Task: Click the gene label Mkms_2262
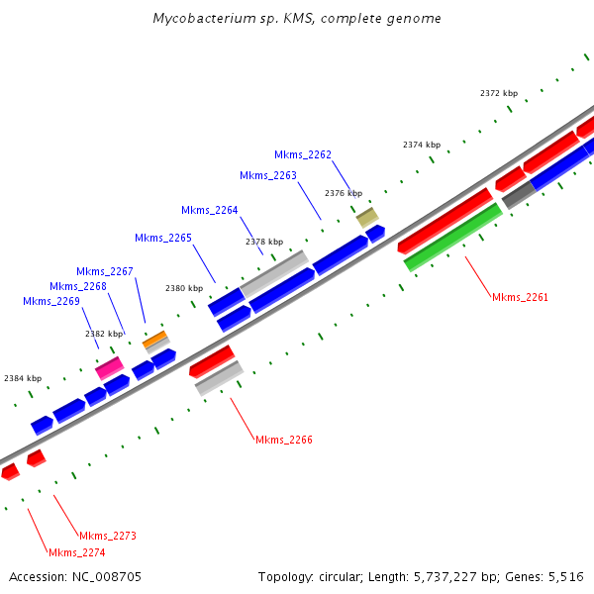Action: click(x=303, y=154)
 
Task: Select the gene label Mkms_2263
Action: click(x=268, y=175)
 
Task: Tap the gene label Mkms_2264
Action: click(x=210, y=210)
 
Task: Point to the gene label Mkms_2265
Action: click(x=163, y=238)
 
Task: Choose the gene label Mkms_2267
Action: click(x=105, y=271)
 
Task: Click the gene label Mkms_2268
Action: click(x=78, y=286)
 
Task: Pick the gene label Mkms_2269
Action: click(x=51, y=301)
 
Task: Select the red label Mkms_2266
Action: click(x=284, y=440)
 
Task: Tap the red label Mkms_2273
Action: click(x=108, y=536)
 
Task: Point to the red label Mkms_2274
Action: click(x=76, y=552)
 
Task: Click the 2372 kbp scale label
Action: click(x=499, y=93)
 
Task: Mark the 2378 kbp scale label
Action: click(x=264, y=242)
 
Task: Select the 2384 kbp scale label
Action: click(x=23, y=378)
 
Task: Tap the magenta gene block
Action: click(x=109, y=368)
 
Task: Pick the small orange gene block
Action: click(x=154, y=340)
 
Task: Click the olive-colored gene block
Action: click(x=367, y=216)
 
